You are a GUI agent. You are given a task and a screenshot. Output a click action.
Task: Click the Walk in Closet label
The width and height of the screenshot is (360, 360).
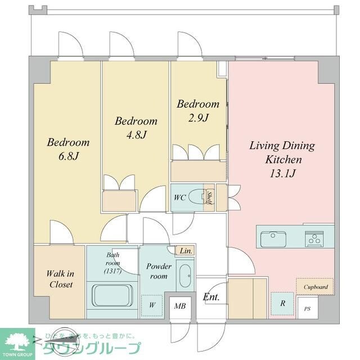pos(60,279)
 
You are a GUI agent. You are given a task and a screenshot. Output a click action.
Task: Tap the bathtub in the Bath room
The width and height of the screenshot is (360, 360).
pos(111,295)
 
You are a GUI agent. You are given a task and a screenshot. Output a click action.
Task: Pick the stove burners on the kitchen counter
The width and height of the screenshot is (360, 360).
pos(314,238)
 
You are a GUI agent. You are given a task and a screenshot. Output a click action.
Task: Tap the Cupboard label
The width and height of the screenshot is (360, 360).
pos(315,287)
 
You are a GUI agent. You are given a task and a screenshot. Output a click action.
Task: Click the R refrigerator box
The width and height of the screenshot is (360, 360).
pos(282,303)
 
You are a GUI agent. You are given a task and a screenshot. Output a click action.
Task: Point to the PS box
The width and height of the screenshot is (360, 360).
pos(307,309)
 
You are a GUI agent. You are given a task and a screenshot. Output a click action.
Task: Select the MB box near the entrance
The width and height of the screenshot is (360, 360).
pos(180,307)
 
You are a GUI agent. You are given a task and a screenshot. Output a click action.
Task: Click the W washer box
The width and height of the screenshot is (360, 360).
pos(152,305)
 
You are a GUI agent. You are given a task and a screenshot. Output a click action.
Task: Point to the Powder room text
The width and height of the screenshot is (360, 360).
pos(157,271)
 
